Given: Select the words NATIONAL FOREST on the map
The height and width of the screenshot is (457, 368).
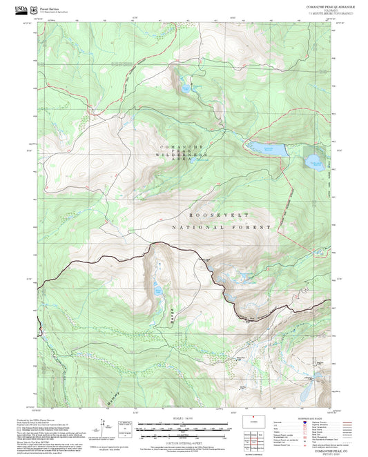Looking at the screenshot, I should coord(222,226).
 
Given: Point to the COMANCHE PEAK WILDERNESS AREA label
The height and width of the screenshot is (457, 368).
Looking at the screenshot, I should coord(184,155).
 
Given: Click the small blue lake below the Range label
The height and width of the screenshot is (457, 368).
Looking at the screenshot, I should coord(158,289).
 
